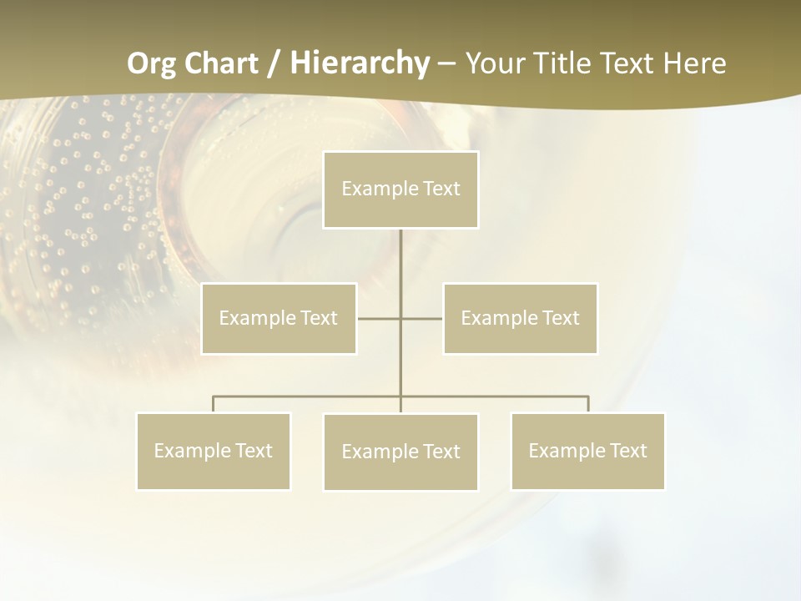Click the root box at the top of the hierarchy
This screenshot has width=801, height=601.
tap(400, 189)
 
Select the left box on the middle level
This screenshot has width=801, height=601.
tap(279, 318)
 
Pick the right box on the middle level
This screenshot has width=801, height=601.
tap(520, 318)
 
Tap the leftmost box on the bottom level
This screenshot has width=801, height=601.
tap(213, 451)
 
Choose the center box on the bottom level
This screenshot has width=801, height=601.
tap(400, 452)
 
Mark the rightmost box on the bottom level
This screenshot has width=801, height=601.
tap(587, 451)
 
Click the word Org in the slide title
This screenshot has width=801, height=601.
tap(152, 63)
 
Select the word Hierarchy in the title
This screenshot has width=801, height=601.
tap(359, 63)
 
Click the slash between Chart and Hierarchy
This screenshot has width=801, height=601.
tap(274, 63)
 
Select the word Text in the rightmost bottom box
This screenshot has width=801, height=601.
tap(627, 451)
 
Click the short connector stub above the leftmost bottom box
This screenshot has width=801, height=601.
tap(213, 404)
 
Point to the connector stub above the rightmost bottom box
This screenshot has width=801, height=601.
tap(588, 404)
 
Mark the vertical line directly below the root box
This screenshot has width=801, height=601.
tap(400, 259)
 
